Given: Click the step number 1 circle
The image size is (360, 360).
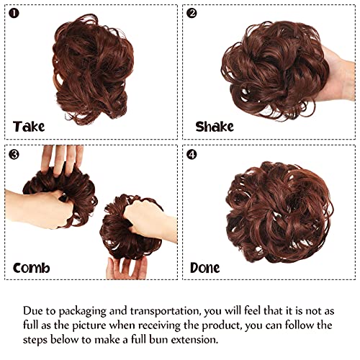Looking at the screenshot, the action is point(14,14).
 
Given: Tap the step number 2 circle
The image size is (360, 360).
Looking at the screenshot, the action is point(192,14).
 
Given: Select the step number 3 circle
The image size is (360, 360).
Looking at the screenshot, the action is point(14,155).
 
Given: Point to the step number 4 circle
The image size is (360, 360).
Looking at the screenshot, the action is point(192,155).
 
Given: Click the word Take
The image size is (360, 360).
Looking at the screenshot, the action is point(29,127).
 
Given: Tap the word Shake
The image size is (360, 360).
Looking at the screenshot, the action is point(215,127).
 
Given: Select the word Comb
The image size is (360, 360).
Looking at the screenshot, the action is point(32,268).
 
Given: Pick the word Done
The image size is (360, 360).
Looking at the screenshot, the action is point(204,268).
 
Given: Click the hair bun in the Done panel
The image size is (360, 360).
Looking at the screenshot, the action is point(279,212).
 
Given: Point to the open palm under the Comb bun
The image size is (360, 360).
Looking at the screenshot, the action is point(127,269).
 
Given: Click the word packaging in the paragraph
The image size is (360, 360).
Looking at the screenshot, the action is point(82,311).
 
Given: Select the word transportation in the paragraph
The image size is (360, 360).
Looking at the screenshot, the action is point(165,311).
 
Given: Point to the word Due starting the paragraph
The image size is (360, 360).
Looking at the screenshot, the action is point(33,311).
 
